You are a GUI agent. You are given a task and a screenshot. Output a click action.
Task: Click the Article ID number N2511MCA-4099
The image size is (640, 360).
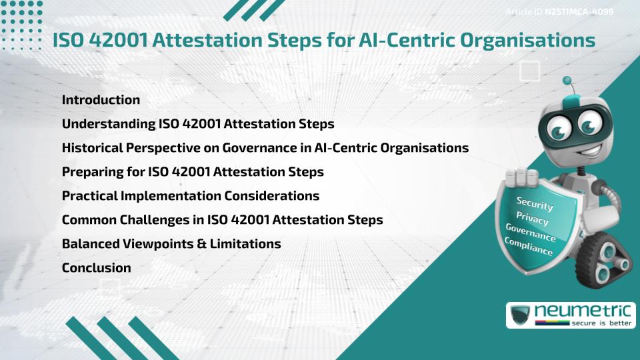pyautogui.click(x=579, y=12)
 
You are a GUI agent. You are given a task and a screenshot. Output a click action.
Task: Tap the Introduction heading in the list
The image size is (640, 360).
pyautogui.click(x=101, y=100)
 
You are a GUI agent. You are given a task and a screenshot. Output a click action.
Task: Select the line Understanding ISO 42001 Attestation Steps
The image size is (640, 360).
pyautogui.click(x=198, y=124)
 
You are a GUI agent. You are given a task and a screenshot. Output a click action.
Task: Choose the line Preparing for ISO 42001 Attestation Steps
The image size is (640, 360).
pyautogui.click(x=193, y=172)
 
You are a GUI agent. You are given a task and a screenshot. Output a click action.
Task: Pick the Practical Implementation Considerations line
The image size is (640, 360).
pyautogui.click(x=191, y=196)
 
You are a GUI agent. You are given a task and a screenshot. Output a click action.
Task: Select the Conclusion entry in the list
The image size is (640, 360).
pyautogui.click(x=96, y=268)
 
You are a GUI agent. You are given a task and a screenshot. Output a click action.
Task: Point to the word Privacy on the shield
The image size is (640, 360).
pyautogui.click(x=532, y=219)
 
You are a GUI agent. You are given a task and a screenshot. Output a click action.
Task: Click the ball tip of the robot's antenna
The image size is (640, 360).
pyautogui.click(x=568, y=81)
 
